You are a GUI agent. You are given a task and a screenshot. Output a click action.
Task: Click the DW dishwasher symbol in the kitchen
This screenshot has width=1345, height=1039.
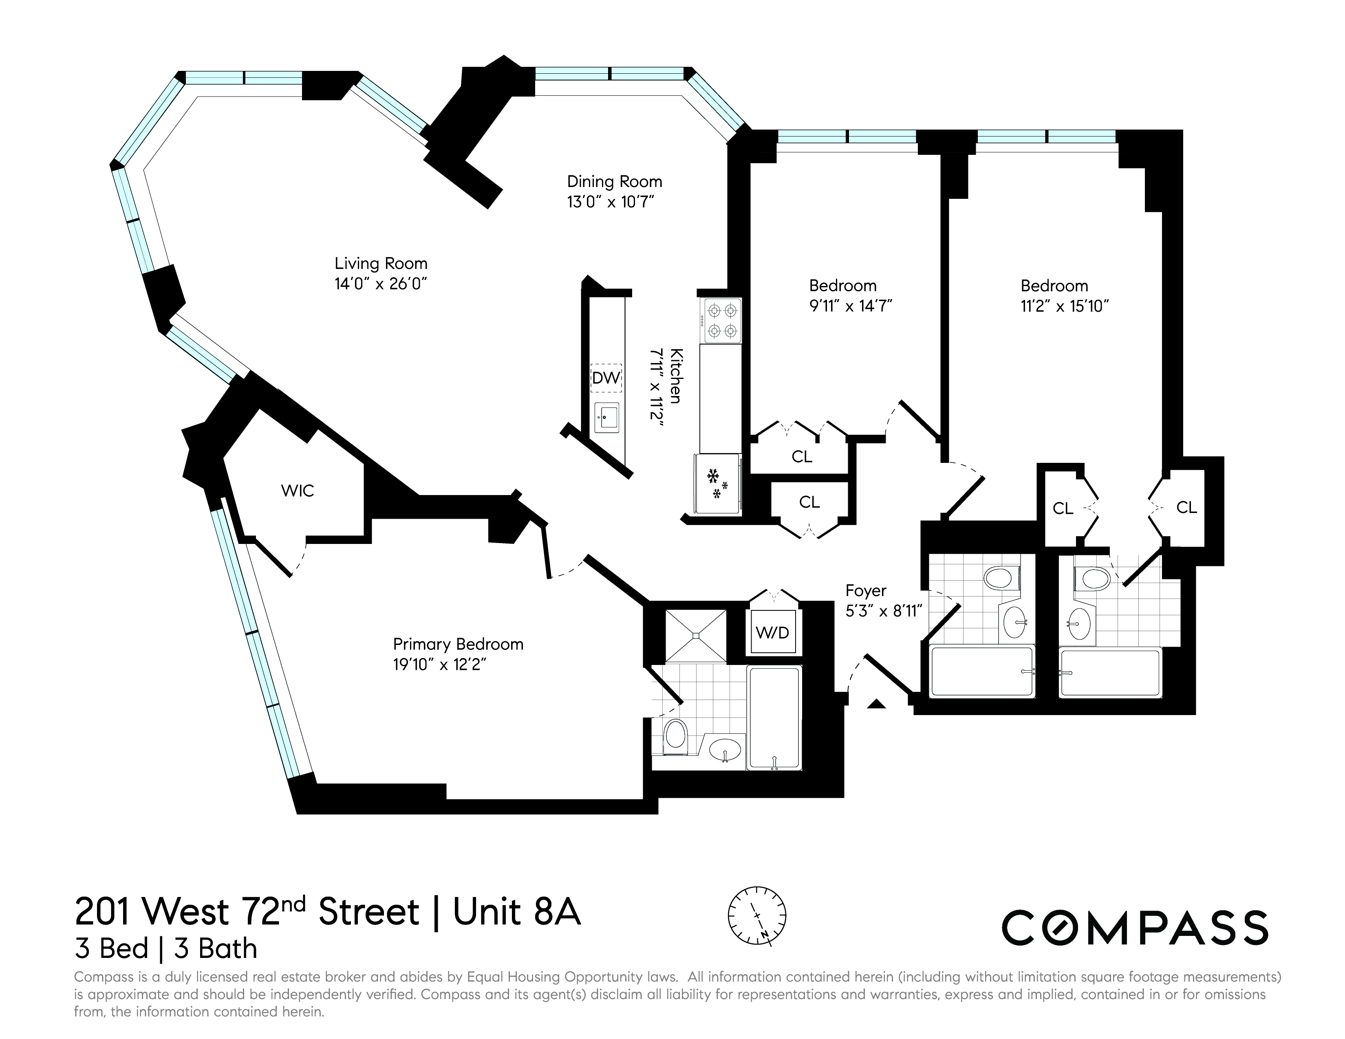tap(606, 378)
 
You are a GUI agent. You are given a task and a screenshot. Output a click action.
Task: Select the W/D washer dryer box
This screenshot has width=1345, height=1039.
tap(772, 632)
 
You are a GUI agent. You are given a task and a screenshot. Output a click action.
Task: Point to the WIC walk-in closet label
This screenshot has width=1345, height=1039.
tap(298, 491)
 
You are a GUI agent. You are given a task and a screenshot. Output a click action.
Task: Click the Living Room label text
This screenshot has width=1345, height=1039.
tap(381, 264)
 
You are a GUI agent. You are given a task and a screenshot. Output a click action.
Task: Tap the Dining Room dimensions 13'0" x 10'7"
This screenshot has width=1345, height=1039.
tap(610, 202)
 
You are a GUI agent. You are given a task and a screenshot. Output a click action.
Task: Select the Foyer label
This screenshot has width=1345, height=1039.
tap(865, 590)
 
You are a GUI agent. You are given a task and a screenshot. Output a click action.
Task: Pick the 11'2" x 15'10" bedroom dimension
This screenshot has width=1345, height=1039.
tap(1064, 306)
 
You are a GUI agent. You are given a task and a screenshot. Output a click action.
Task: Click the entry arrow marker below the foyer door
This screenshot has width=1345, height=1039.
tap(876, 704)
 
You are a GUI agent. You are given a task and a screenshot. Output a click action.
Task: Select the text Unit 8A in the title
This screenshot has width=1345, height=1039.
tap(517, 912)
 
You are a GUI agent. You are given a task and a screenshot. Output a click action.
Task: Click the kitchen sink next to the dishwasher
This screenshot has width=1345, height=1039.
tap(606, 418)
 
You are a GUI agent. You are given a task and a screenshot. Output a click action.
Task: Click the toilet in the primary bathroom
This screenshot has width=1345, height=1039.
tap(676, 736)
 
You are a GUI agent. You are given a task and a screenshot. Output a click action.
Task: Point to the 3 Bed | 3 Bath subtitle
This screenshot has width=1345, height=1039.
tap(165, 949)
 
